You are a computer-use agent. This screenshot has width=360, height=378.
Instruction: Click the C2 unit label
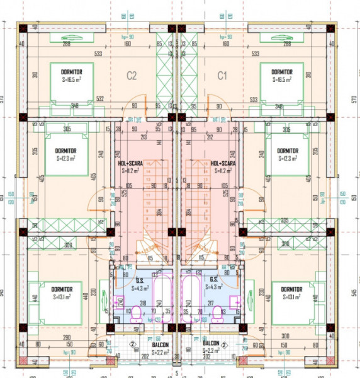click(x=132, y=76)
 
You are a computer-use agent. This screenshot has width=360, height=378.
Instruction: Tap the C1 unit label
click(x=222, y=76)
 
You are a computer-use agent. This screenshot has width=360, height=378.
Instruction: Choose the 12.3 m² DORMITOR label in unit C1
click(x=287, y=154)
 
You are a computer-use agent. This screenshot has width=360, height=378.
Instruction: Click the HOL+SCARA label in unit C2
click(x=131, y=166)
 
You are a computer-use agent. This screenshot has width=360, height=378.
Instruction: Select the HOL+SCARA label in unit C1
click(x=224, y=166)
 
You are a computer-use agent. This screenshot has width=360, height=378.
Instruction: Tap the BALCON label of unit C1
click(x=211, y=346)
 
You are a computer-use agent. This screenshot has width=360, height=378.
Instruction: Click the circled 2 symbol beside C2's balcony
click(x=133, y=345)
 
